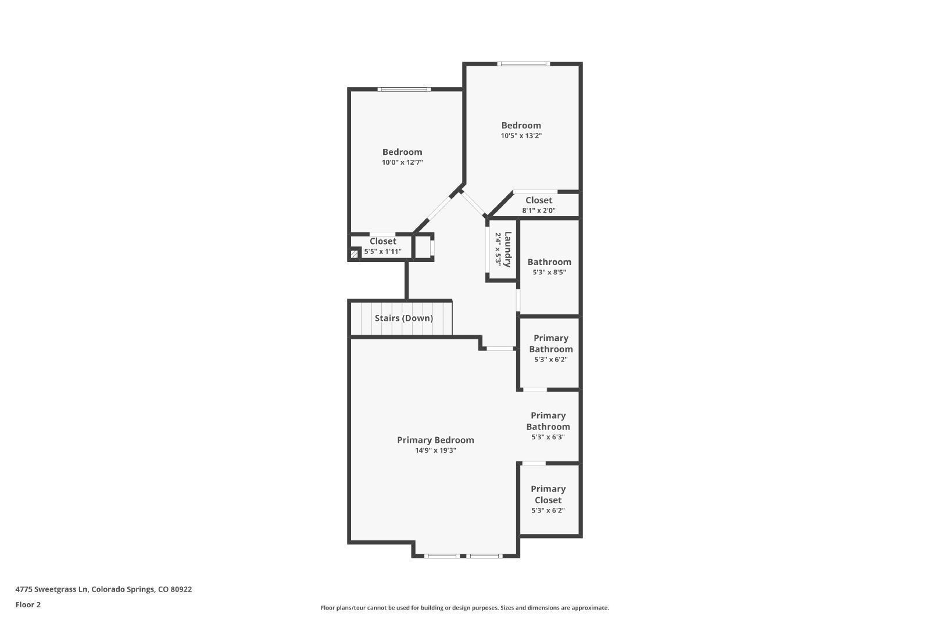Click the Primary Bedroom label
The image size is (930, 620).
pos(435,440)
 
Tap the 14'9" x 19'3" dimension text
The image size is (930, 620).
pos(435,450)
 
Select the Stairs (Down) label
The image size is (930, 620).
pos(403,318)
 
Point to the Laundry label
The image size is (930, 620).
pos(507,249)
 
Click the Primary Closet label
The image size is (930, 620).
pos(548,494)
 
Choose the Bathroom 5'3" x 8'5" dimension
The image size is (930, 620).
pos(549,273)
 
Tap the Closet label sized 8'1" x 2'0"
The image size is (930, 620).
pos(539,200)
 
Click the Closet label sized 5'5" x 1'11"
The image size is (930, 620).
pos(383,241)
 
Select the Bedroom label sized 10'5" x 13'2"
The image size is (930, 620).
pos(521,126)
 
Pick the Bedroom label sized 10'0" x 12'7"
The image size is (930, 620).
pos(402,152)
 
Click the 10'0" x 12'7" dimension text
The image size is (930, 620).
pos(402,162)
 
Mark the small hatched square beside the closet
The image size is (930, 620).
pos(354,254)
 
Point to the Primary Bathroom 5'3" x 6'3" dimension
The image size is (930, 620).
pos(548,437)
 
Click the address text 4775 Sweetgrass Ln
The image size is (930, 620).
pos(52,589)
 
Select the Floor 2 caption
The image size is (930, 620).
pos(28,605)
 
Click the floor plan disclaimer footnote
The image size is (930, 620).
pos(464,608)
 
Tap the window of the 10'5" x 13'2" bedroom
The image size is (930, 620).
pos(524,64)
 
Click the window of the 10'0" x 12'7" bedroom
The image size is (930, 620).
pos(404,89)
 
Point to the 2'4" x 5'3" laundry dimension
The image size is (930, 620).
pos(498,249)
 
